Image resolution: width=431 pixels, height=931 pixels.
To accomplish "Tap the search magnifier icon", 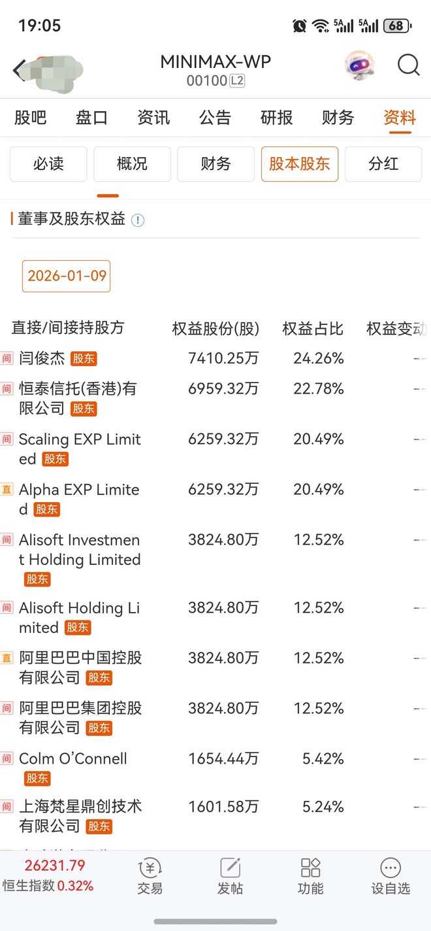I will coord(408,65).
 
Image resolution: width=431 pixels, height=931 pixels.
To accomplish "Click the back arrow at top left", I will coord(20,69).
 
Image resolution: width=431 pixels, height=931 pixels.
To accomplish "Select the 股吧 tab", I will coord(31,118).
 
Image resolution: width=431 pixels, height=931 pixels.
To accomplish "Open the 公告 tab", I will coord(215,118).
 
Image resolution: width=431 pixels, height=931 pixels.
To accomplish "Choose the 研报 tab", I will coord(276,118).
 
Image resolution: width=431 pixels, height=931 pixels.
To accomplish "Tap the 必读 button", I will coord(48,163).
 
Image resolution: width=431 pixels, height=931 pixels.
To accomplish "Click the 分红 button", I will coord(383,163).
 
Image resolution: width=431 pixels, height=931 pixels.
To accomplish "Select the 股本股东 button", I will coord(299,163).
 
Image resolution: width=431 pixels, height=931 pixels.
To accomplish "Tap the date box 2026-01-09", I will coord(67,276).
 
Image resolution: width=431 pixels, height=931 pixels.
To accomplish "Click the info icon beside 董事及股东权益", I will coord(137,220).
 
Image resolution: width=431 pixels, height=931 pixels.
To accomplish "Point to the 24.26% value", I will coord(319,358).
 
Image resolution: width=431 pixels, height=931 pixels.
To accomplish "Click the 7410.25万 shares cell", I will coord(223,358).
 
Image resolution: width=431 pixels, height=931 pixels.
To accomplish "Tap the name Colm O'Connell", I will coord(73,759).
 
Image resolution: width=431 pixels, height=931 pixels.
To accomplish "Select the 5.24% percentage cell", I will coord(323,807).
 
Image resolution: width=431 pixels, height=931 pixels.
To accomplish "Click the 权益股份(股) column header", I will coord(215,328).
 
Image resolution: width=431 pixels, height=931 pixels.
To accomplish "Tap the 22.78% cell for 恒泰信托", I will coord(319,389).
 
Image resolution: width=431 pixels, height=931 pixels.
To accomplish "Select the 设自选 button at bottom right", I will coord(391,876).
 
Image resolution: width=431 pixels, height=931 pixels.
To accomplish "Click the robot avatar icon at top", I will coord(360,65).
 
